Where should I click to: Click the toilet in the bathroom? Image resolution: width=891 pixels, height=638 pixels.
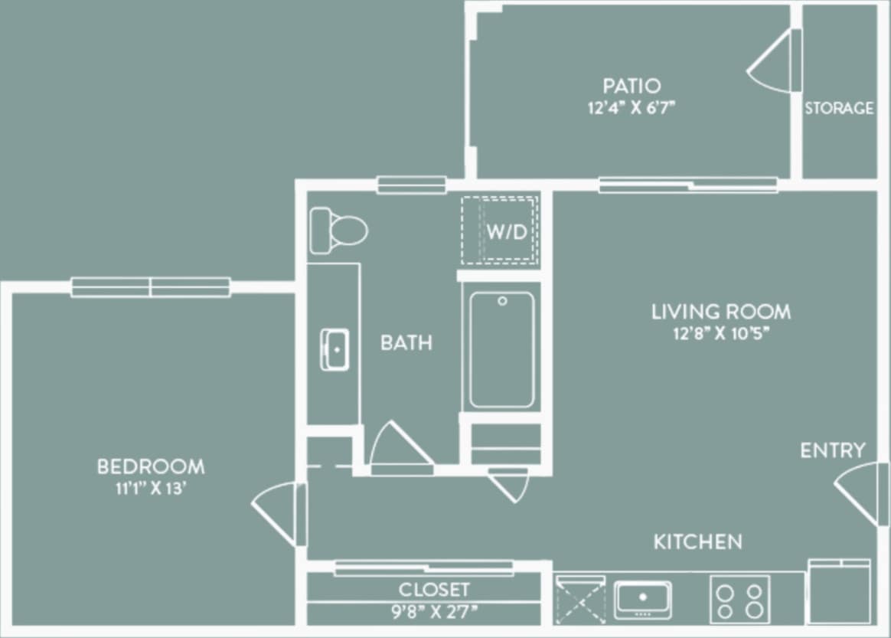coord(338,230)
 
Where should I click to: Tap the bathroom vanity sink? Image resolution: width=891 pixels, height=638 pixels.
coord(335,349)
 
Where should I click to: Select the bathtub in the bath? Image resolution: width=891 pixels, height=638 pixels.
coord(502,349)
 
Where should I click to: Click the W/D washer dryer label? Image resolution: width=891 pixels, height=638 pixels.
coord(508,232)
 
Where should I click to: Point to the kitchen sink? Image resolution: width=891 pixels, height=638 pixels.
coord(643,598)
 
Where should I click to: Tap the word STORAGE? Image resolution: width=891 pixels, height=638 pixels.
coord(839,109)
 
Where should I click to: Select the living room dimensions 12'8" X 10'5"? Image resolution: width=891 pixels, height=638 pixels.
coord(720,333)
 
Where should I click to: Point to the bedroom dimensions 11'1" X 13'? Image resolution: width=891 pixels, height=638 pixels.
coord(151,488)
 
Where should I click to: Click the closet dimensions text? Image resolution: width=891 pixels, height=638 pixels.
coord(433,610)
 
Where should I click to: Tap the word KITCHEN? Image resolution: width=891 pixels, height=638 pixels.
coord(697,542)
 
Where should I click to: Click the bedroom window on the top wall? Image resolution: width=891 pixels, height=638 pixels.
coord(151,287)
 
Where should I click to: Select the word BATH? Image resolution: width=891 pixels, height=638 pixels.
coord(406,342)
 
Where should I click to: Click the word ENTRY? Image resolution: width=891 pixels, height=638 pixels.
coord(833,450)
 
